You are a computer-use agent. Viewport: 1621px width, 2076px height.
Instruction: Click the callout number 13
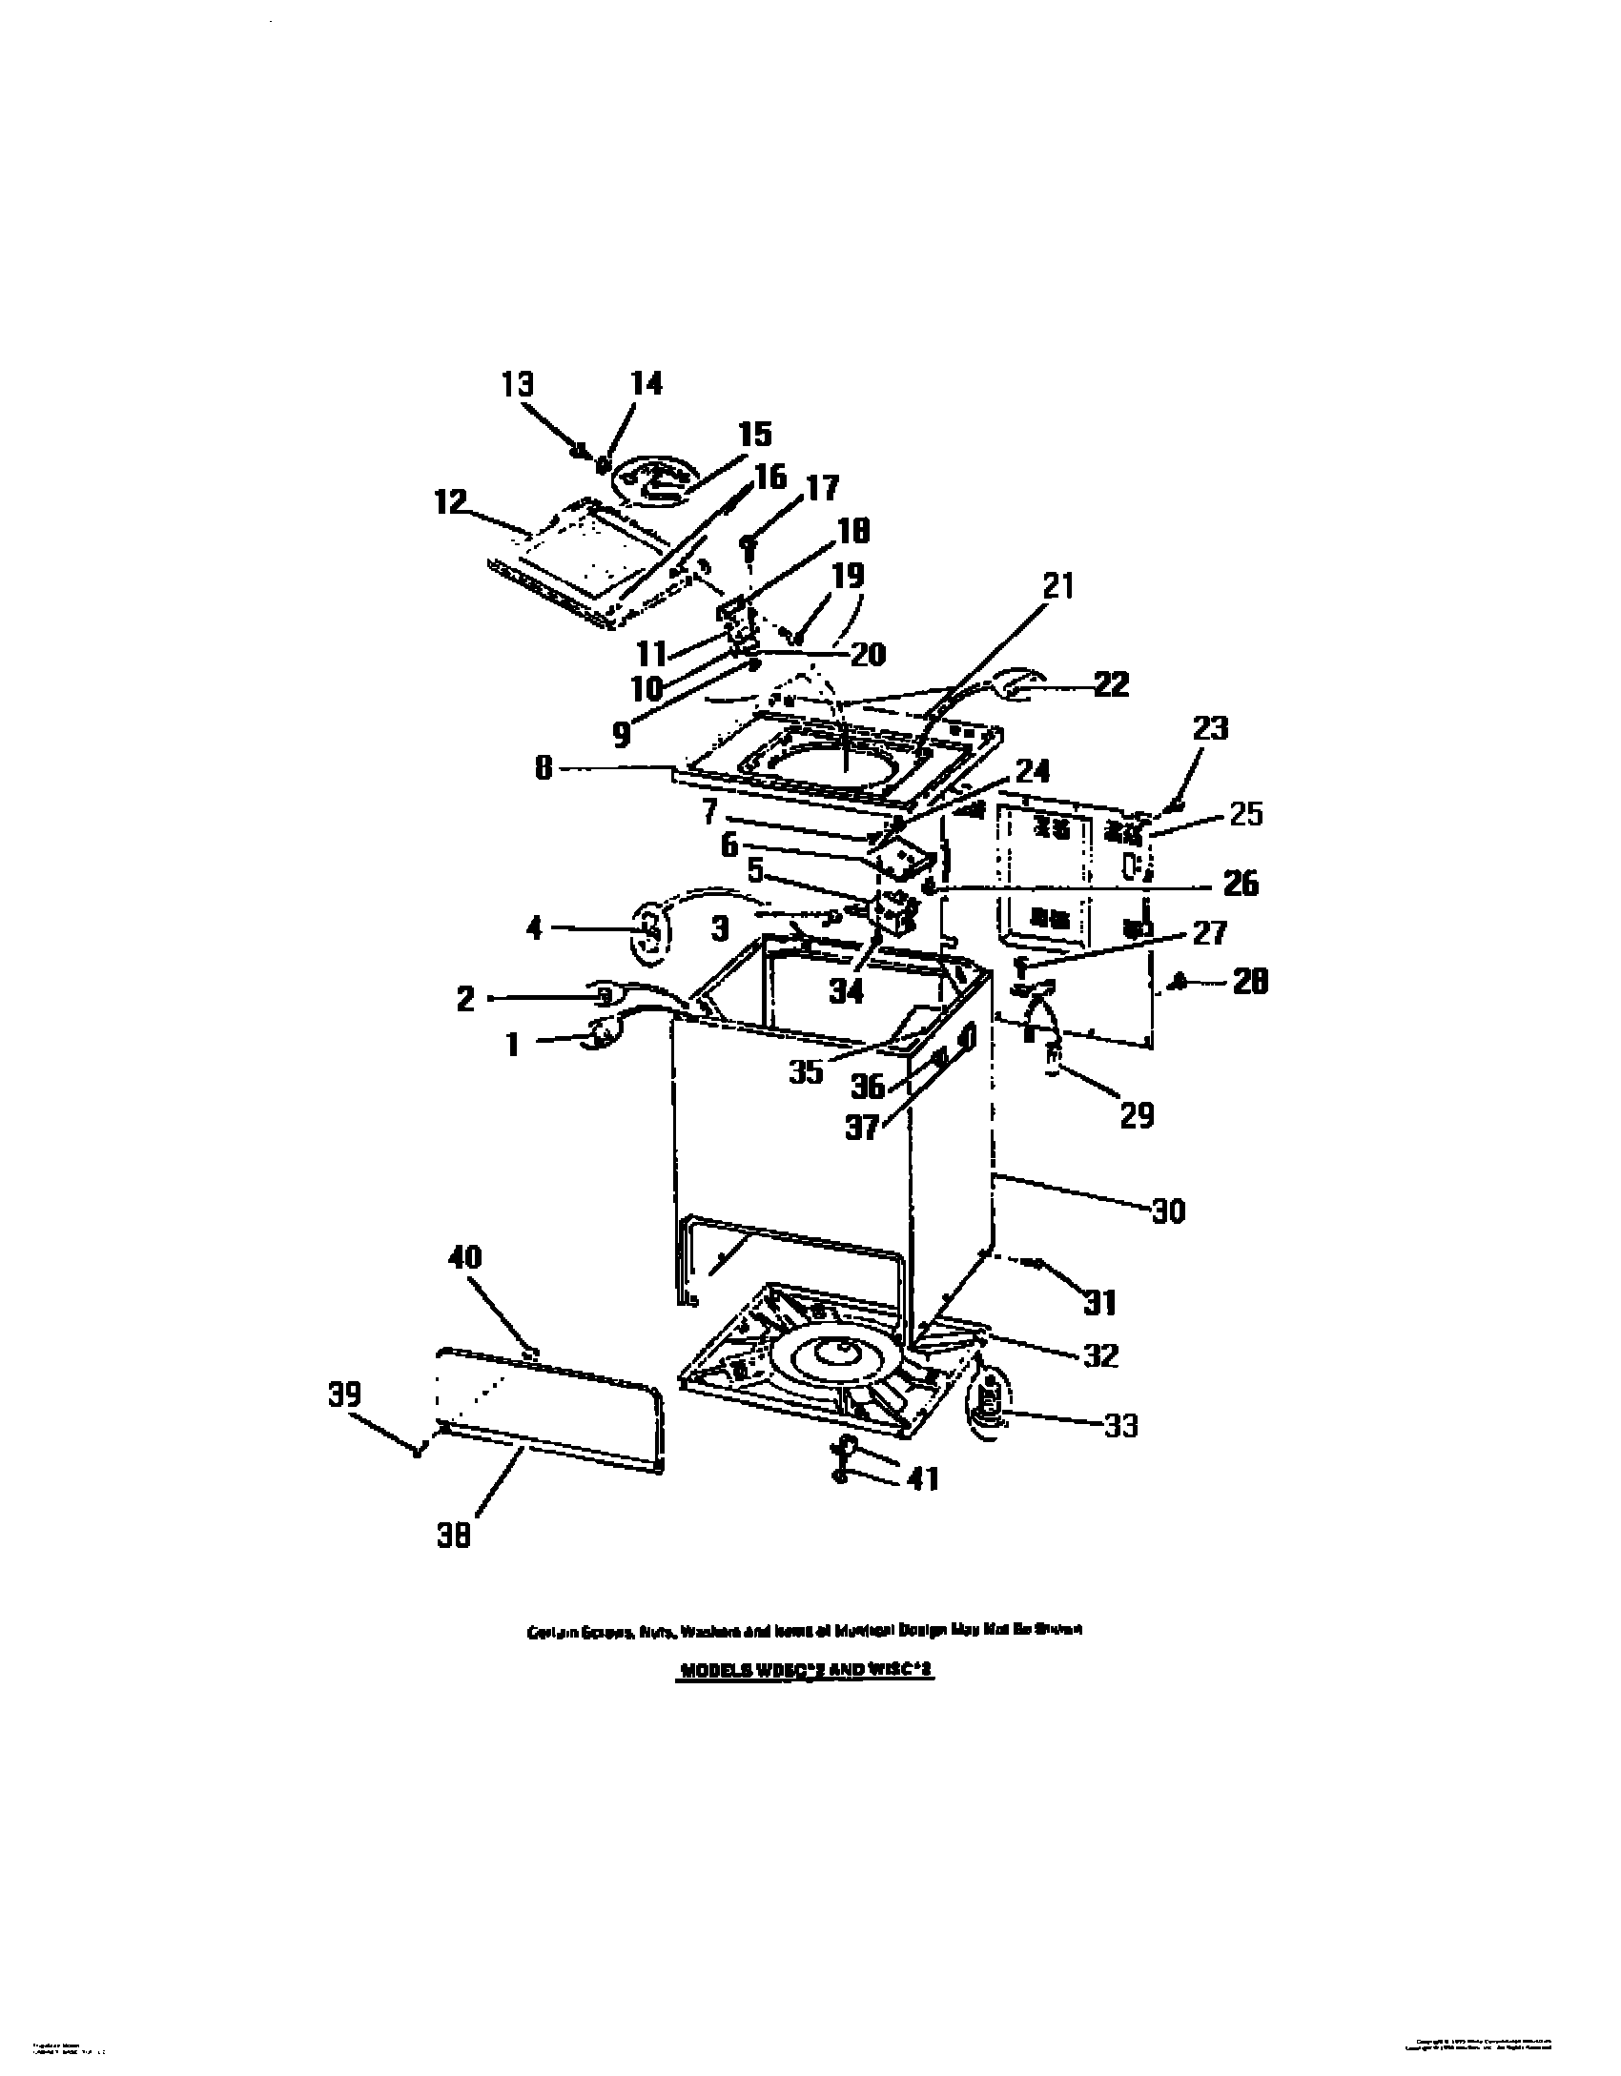[518, 384]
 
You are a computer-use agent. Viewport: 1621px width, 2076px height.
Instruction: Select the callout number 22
[1110, 683]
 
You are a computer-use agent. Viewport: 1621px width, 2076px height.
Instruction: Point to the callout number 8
[544, 768]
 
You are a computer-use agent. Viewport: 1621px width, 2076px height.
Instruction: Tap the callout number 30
[1167, 1211]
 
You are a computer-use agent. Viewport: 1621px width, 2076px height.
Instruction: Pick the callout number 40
[464, 1258]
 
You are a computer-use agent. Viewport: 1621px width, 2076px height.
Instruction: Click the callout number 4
[534, 927]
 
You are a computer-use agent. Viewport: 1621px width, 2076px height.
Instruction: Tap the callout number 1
[513, 1045]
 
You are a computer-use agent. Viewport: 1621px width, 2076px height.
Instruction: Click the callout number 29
[1137, 1114]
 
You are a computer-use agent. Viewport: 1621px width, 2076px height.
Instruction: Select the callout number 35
[806, 1071]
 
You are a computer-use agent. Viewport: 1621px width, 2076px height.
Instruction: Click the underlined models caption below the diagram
[807, 1672]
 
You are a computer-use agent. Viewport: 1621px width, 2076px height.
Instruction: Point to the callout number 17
[822, 488]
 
